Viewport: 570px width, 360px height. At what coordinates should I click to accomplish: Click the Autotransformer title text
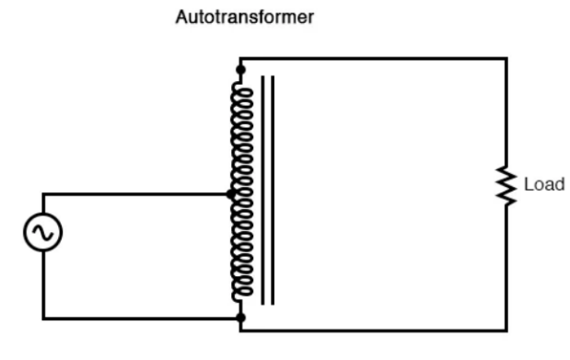pyautogui.click(x=245, y=17)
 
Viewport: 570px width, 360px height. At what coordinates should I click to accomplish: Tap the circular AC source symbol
pyautogui.click(x=43, y=232)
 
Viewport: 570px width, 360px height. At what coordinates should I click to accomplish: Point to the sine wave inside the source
pyautogui.click(x=43, y=232)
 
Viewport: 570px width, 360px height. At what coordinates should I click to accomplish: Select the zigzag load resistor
pyautogui.click(x=506, y=185)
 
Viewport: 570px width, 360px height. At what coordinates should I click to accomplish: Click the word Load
pyautogui.click(x=544, y=184)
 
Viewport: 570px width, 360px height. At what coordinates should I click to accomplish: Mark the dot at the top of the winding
pyautogui.click(x=240, y=69)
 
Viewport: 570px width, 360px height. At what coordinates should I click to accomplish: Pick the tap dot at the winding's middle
pyautogui.click(x=231, y=194)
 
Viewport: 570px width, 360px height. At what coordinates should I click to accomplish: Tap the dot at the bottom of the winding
pyautogui.click(x=240, y=318)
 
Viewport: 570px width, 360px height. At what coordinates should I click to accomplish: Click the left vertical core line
pyautogui.click(x=262, y=191)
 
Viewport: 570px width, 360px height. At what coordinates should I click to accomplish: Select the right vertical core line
pyautogui.click(x=273, y=191)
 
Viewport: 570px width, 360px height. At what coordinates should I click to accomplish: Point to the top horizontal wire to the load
pyautogui.click(x=373, y=58)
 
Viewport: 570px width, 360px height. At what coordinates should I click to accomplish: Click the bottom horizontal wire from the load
pyautogui.click(x=373, y=331)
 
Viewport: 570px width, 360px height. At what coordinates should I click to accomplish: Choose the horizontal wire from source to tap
pyautogui.click(x=136, y=194)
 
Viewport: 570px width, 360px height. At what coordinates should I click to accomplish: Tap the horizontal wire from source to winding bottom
pyautogui.click(x=141, y=319)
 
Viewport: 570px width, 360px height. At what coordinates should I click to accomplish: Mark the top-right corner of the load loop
pyautogui.click(x=506, y=58)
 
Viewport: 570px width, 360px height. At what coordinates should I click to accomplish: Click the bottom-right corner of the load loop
pyautogui.click(x=506, y=331)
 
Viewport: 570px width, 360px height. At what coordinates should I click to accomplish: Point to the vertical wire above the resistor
pyautogui.click(x=506, y=112)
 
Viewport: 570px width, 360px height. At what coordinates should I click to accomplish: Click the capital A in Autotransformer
pyautogui.click(x=181, y=17)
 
